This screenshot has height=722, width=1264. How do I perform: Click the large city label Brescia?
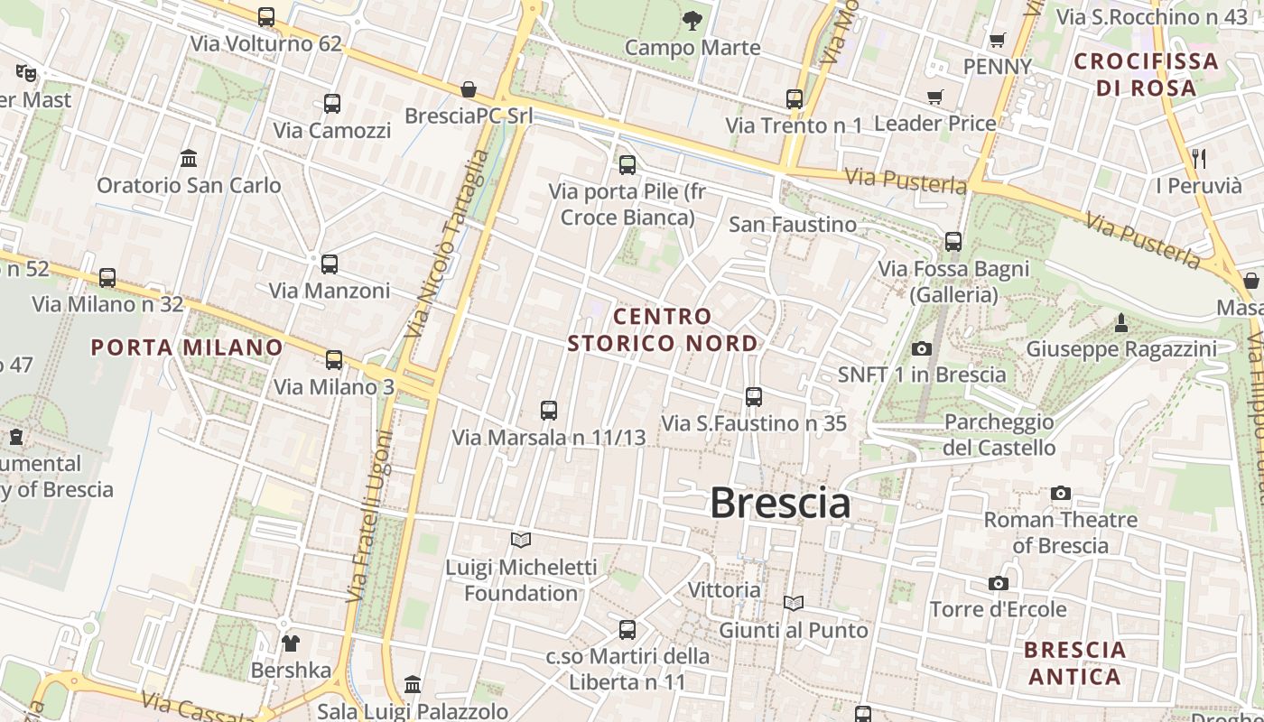click(x=780, y=503)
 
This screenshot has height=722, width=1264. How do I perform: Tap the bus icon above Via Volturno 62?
click(x=266, y=17)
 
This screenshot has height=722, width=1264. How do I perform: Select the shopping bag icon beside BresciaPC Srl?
click(x=469, y=89)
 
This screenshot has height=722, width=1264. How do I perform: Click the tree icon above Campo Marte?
click(x=692, y=20)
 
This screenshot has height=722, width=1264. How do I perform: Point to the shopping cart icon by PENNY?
click(x=997, y=40)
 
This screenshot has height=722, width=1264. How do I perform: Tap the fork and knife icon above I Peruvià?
click(x=1199, y=159)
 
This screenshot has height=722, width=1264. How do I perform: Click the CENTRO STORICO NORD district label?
click(x=663, y=329)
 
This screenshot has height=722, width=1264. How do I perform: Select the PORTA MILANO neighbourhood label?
click(x=187, y=347)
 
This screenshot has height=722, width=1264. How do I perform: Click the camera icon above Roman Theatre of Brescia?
click(x=1061, y=493)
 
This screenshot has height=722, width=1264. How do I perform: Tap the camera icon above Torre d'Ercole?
click(x=998, y=583)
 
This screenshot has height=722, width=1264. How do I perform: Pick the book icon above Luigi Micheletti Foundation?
click(x=521, y=541)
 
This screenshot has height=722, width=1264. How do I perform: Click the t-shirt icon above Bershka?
click(x=291, y=643)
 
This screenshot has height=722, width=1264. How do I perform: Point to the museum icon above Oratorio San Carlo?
click(x=189, y=159)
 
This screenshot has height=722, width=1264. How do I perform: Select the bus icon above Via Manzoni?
click(x=330, y=264)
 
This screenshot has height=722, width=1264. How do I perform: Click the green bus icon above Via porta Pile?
click(x=627, y=165)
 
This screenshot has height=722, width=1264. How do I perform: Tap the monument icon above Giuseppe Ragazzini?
click(x=1121, y=322)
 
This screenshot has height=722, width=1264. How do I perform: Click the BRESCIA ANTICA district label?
click(x=1074, y=662)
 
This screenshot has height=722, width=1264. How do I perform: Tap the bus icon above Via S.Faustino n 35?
click(x=754, y=396)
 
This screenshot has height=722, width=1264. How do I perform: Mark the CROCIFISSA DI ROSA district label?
click(x=1146, y=75)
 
